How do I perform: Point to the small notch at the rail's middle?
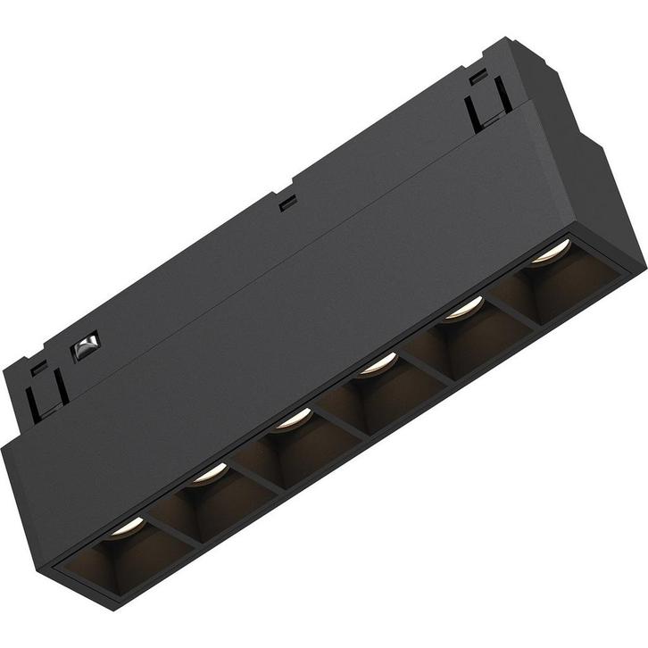point(287,203)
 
